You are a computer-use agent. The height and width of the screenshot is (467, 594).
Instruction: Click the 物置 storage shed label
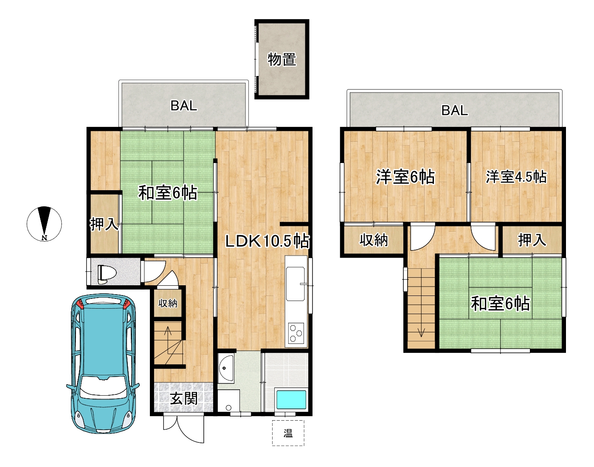[282, 59]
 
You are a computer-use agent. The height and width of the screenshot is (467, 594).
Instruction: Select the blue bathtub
[291, 399]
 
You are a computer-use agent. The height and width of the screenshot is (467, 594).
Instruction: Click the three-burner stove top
[296, 333]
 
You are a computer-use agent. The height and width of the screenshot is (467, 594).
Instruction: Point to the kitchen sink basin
[295, 284]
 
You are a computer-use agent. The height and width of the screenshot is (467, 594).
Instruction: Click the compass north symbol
[44, 224]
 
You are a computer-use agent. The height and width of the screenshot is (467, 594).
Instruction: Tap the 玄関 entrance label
[183, 398]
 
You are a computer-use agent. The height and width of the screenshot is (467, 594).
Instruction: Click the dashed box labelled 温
[288, 433]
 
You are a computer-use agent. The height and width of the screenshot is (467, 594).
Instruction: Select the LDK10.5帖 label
[267, 241]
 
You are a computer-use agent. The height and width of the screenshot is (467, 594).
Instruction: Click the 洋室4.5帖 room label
[516, 177]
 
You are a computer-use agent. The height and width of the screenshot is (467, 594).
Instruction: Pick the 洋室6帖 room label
[405, 177]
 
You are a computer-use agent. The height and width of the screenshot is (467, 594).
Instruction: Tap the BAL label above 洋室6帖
[454, 110]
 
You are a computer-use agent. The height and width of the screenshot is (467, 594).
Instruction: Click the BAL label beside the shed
[184, 106]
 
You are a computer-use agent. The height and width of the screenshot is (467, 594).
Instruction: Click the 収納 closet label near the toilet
[168, 304]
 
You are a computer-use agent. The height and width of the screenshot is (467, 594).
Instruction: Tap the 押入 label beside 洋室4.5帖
[532, 240]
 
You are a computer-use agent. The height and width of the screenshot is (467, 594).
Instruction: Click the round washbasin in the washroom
[226, 369]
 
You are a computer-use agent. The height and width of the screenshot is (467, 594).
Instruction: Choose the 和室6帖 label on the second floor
[500, 304]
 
